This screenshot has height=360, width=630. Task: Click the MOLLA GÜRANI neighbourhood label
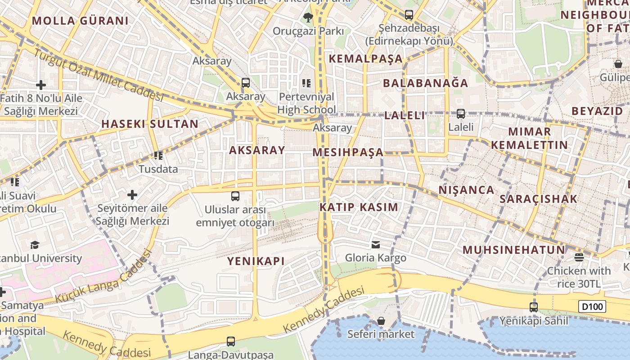click(x=80, y=21)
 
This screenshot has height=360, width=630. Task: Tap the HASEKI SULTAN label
click(x=150, y=124)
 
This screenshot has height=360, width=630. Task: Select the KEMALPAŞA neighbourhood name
click(x=365, y=59)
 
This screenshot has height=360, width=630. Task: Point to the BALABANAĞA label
click(x=425, y=83)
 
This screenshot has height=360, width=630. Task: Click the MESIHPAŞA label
click(x=348, y=153)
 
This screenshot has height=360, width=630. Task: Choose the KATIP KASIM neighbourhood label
click(x=359, y=207)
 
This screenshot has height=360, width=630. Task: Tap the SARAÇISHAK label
click(x=538, y=199)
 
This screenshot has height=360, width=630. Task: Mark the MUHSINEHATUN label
click(x=513, y=250)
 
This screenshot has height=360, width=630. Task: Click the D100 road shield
click(x=592, y=307)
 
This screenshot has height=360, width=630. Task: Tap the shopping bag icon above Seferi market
click(x=381, y=321)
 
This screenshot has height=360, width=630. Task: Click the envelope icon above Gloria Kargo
click(x=375, y=245)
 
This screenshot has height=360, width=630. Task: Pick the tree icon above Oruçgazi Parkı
click(x=308, y=18)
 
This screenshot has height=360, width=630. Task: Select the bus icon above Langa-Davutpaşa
click(x=231, y=342)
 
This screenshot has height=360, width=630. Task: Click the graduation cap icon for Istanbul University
click(x=35, y=245)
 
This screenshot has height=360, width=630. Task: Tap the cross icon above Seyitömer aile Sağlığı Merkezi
click(x=132, y=195)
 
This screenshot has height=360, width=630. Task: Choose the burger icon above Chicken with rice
click(x=579, y=257)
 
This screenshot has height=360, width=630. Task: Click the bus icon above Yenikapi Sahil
click(x=533, y=307)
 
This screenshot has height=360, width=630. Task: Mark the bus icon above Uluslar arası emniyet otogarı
click(x=235, y=196)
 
